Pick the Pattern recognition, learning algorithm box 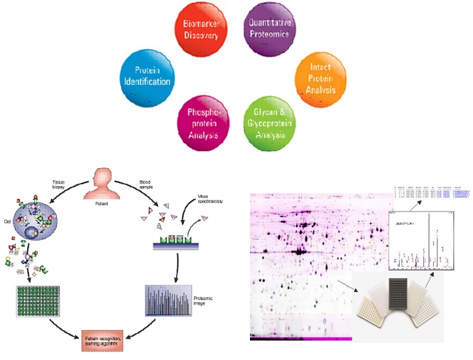click(x=105, y=342)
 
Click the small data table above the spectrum click(x=430, y=192)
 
